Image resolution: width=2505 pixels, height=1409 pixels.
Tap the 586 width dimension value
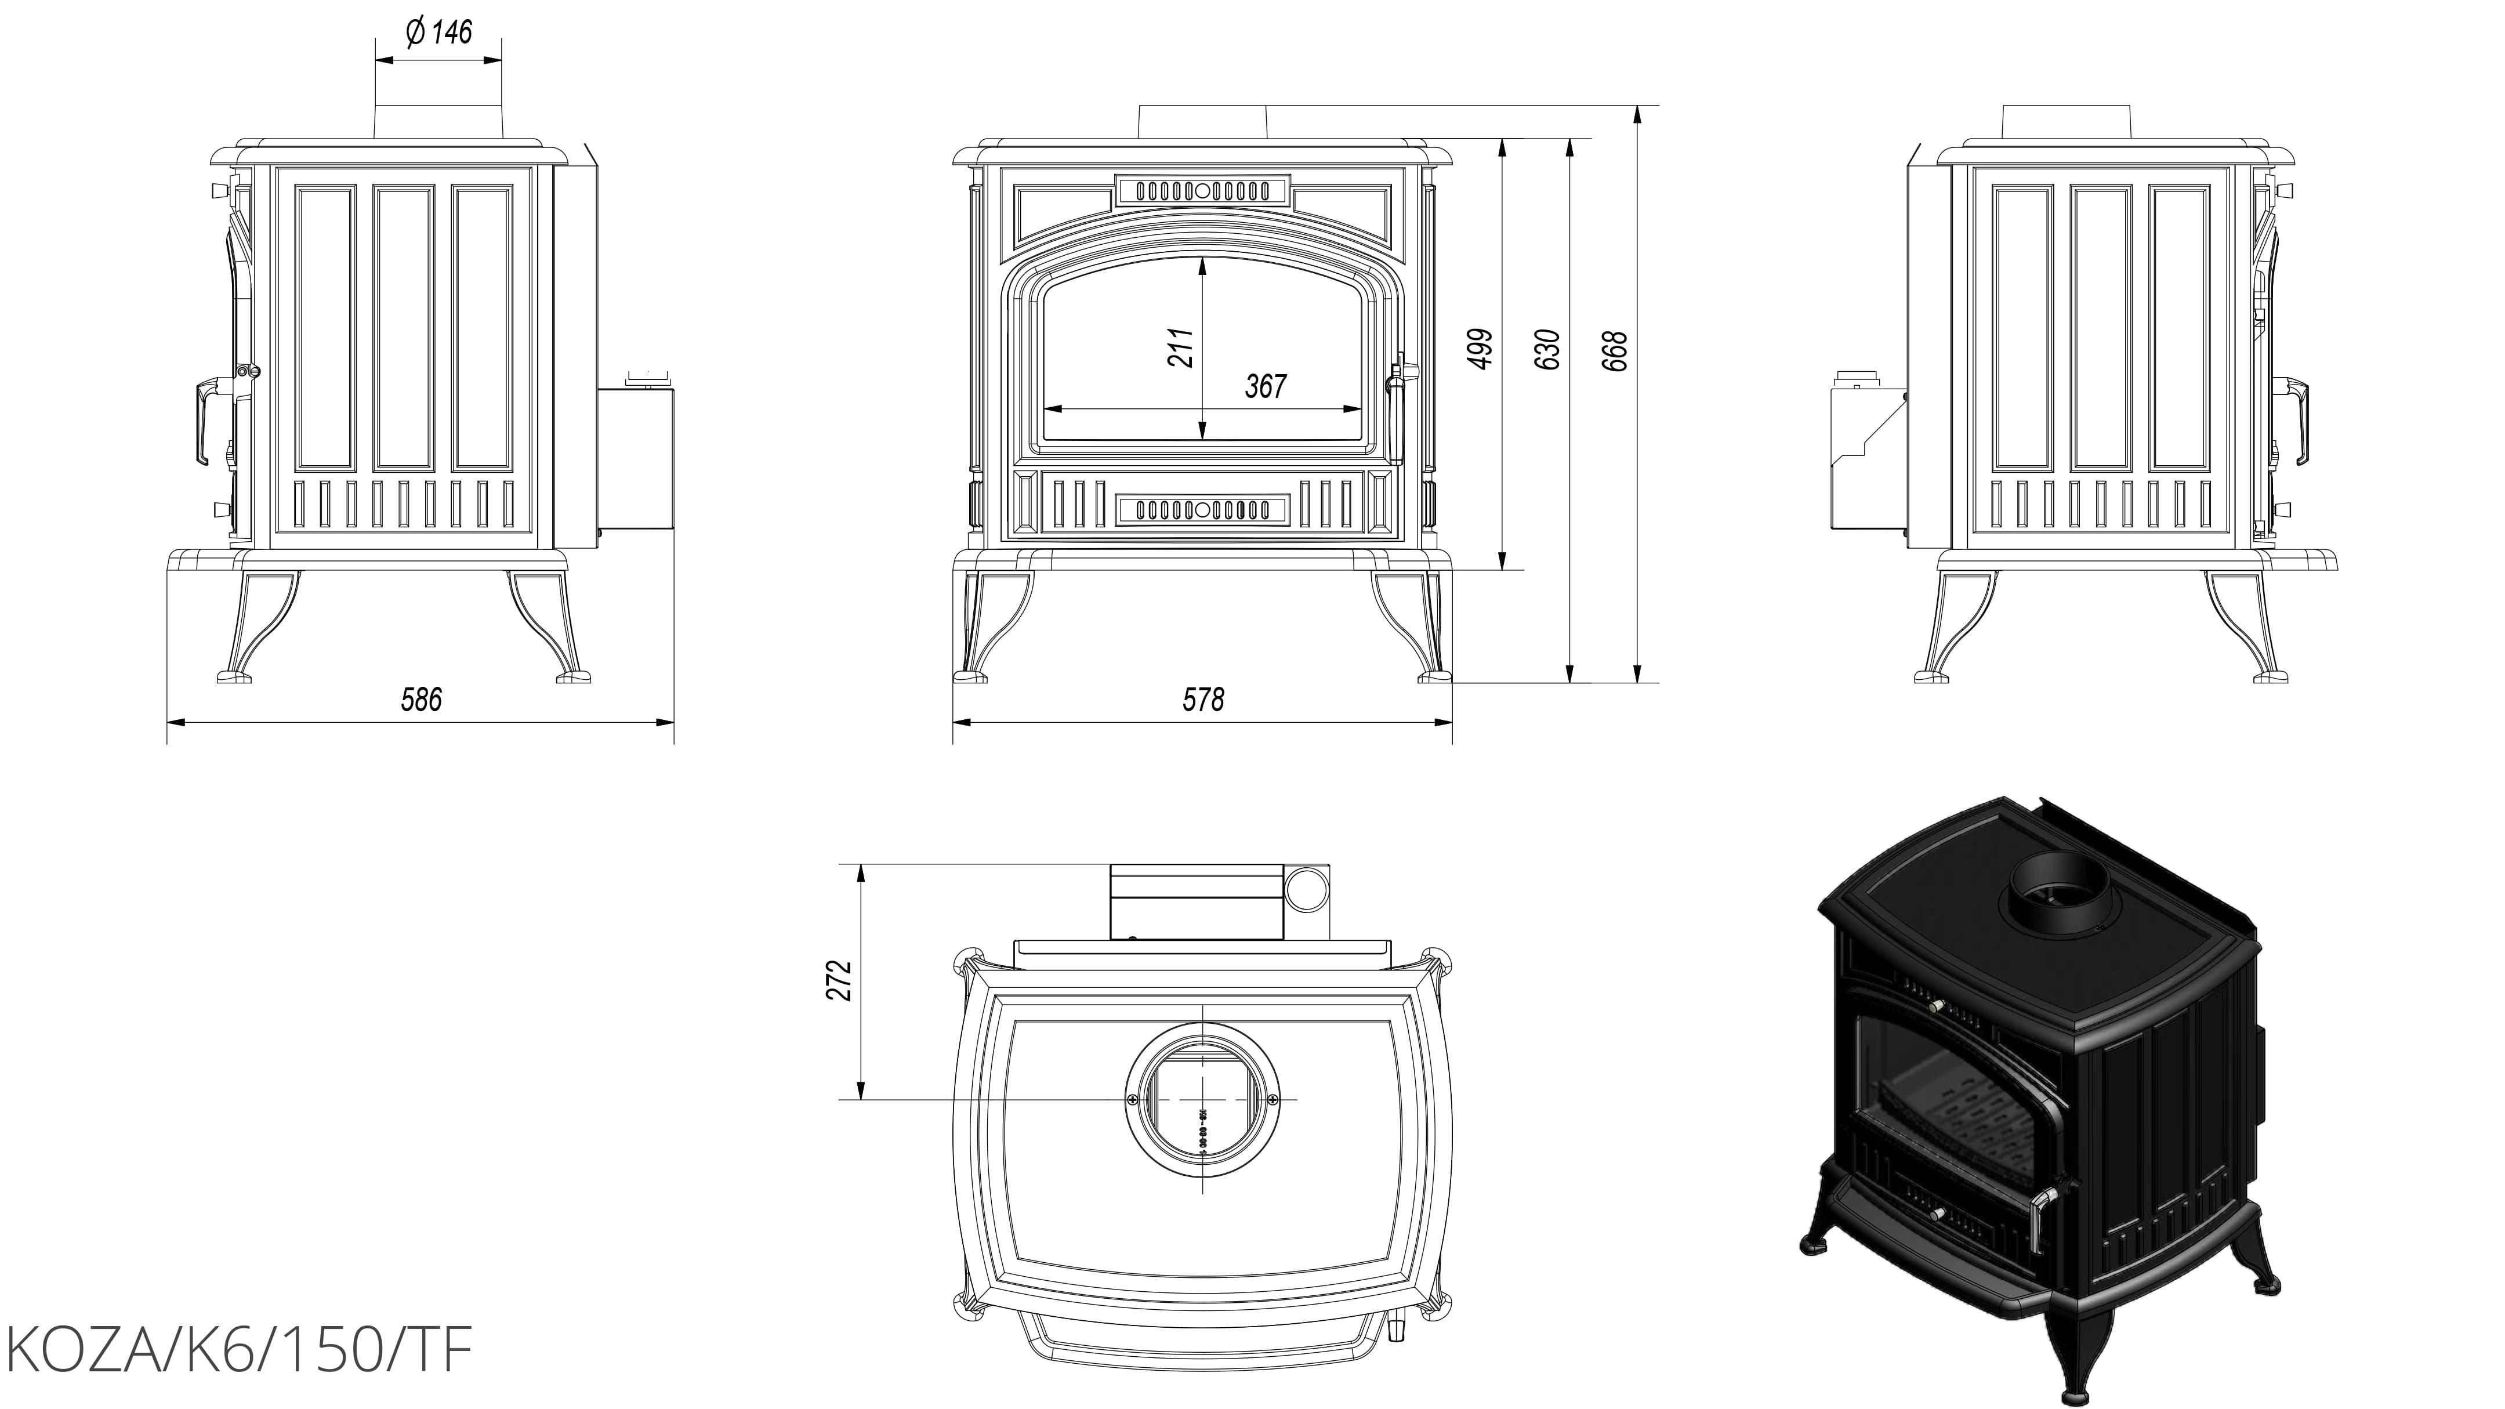pos(421,699)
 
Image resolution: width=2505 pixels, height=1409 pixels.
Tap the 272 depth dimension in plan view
pos(842,980)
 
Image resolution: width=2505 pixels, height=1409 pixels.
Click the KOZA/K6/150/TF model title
pos(239,1350)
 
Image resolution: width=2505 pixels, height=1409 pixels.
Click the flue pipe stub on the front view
pos(1203,122)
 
